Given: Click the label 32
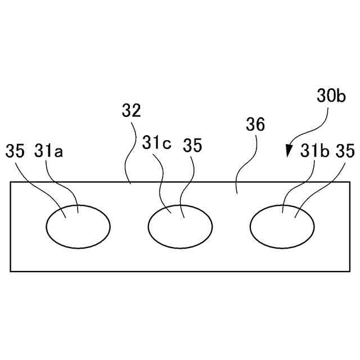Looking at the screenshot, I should pyautogui.click(x=131, y=110).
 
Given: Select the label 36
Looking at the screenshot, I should pyautogui.click(x=255, y=125).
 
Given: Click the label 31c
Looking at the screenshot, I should pyautogui.click(x=156, y=143).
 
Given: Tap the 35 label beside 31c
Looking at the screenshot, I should pyautogui.click(x=192, y=145).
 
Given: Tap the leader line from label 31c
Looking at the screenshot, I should pyautogui.click(x=161, y=180).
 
